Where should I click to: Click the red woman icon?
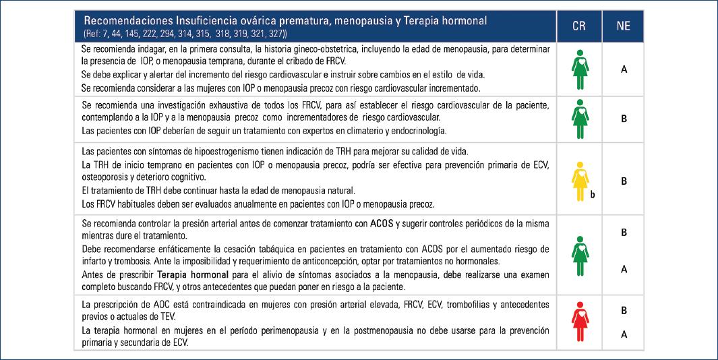(x=579, y=323)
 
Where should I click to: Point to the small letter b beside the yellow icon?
(x=593, y=195)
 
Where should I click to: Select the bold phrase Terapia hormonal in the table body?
(x=189, y=276)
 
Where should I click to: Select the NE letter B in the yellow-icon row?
(x=624, y=181)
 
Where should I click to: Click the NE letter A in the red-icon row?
(x=624, y=333)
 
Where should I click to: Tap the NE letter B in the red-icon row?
(x=624, y=311)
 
